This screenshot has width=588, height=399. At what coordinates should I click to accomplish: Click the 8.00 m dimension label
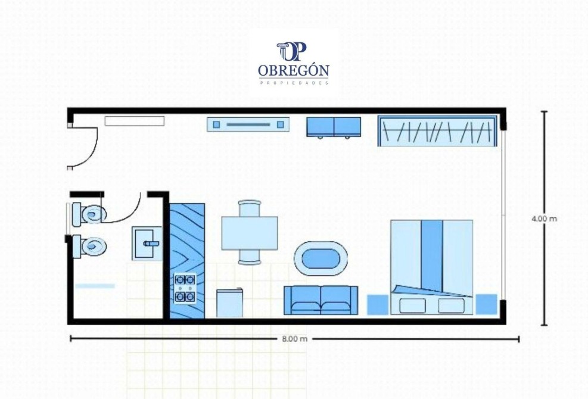click(294, 339)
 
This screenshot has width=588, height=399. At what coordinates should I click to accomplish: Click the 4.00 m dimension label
click(544, 219)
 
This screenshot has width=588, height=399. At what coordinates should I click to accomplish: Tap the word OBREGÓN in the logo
click(294, 70)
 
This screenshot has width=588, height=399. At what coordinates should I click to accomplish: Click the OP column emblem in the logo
click(292, 52)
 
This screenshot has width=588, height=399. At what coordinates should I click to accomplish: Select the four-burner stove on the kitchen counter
click(185, 288)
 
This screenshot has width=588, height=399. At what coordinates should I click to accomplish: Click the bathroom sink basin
click(147, 244)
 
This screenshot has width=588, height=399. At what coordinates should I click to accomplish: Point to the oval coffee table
click(321, 258)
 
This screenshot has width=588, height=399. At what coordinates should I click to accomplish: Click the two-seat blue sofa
click(321, 300)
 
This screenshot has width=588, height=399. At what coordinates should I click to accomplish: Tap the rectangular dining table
click(250, 233)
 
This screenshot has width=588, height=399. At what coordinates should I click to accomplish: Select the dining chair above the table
click(250, 208)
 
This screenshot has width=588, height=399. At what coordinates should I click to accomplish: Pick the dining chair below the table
click(250, 257)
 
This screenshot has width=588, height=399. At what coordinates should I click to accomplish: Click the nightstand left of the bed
click(377, 304)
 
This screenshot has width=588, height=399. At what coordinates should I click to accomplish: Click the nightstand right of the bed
click(486, 304)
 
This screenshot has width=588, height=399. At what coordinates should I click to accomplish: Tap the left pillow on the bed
click(412, 306)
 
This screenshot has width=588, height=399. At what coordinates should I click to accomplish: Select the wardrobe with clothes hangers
click(437, 130)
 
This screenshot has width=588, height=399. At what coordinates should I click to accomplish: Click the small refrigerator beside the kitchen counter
click(229, 303)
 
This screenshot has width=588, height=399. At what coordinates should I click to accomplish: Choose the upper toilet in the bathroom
click(89, 214)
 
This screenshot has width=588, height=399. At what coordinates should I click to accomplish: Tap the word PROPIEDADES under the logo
click(294, 83)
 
